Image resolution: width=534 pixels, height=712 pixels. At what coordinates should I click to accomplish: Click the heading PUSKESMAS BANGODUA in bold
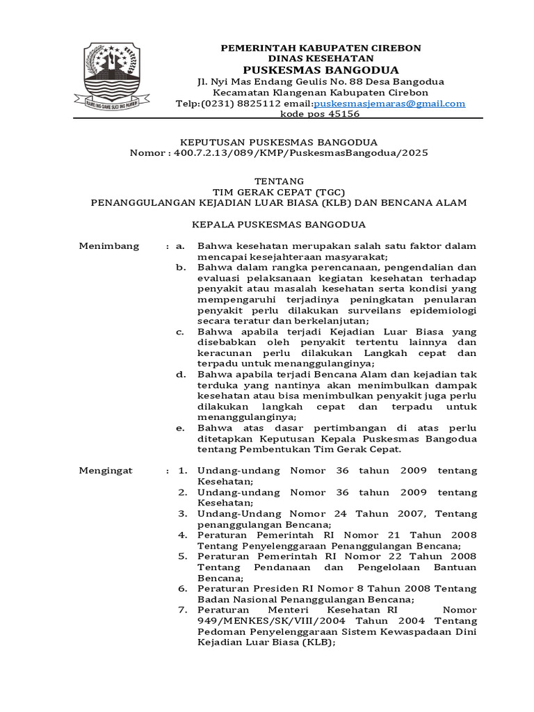[x=321, y=70]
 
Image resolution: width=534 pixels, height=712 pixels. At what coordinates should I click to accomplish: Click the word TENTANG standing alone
[x=279, y=181]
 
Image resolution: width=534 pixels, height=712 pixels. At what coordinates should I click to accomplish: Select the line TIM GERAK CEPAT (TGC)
[x=279, y=192]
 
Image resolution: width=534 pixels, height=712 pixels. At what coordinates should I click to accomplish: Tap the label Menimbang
[x=109, y=246]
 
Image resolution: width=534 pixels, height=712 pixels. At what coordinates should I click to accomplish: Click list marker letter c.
[x=180, y=332]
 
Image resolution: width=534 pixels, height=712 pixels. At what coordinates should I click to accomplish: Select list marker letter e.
[x=180, y=428]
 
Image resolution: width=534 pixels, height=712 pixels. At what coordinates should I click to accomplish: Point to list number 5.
[x=182, y=556]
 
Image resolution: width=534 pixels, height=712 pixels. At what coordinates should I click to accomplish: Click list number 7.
[x=182, y=610]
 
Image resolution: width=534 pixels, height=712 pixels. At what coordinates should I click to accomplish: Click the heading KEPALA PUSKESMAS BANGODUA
[x=279, y=225]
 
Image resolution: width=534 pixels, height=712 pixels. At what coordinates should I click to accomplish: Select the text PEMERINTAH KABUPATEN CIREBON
[x=321, y=48]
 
